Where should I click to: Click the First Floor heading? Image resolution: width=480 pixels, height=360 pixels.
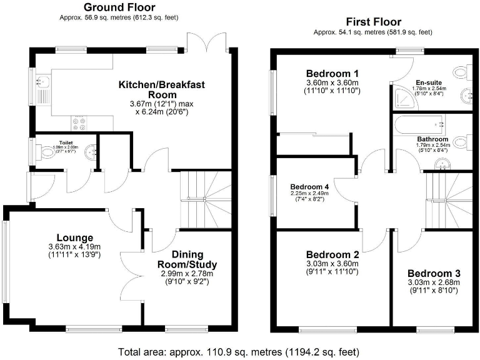click(x=372, y=22)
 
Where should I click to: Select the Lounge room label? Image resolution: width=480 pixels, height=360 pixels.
click(x=75, y=237)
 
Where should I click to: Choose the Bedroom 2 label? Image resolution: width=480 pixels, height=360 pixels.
click(x=332, y=255)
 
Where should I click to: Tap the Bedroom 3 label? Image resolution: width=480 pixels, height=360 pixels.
click(x=434, y=274)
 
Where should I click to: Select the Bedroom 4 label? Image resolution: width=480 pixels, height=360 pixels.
click(x=309, y=186)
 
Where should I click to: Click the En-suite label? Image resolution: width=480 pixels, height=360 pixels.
click(x=428, y=82)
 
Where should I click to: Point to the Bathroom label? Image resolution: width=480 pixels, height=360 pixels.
click(x=432, y=139)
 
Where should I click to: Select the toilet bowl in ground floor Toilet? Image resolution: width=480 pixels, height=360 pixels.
click(x=47, y=152)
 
